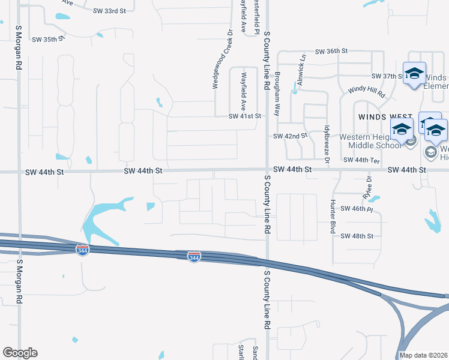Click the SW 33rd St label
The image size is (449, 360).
(110, 11)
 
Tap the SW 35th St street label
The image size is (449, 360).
(48, 40)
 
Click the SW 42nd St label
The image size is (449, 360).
(290, 136)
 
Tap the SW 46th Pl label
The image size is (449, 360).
(357, 209)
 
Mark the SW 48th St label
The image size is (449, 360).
(357, 236)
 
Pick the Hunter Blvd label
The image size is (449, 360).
(332, 214)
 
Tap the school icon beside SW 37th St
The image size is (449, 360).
(414, 73)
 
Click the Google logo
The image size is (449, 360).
(20, 353)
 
